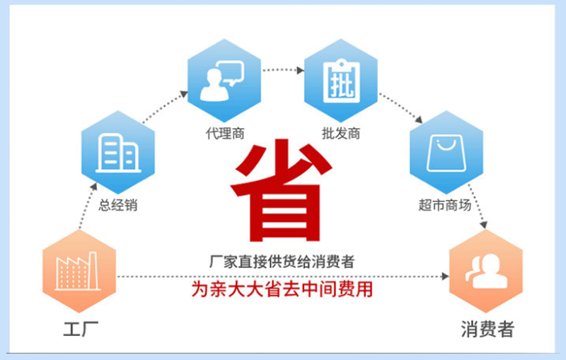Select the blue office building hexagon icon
tap(117, 152)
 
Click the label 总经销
tap(117, 206)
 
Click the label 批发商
tap(341, 132)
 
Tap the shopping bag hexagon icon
tap(446, 152)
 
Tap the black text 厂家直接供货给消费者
tap(282, 262)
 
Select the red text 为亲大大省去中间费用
tap(282, 289)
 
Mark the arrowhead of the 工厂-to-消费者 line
tap(446, 276)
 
